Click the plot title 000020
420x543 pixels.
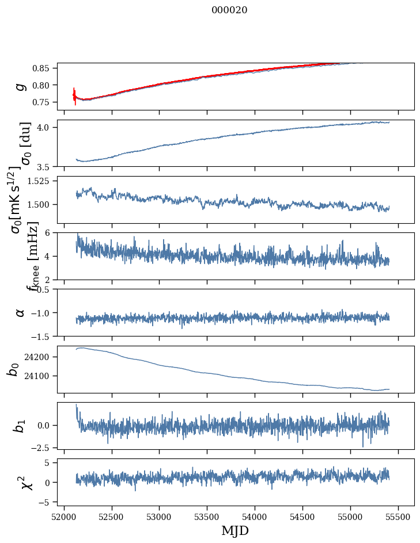(x=229, y=10)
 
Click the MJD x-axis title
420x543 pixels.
(x=235, y=530)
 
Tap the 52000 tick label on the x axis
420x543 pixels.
(x=64, y=517)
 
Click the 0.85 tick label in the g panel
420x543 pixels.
(x=44, y=68)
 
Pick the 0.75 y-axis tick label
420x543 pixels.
(x=44, y=102)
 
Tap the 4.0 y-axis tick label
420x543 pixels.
(x=48, y=127)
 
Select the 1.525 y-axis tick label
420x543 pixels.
(x=41, y=181)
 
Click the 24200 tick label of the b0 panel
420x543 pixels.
(x=40, y=357)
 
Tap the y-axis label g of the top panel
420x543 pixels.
(x=21, y=86)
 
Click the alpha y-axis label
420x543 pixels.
(x=21, y=312)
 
